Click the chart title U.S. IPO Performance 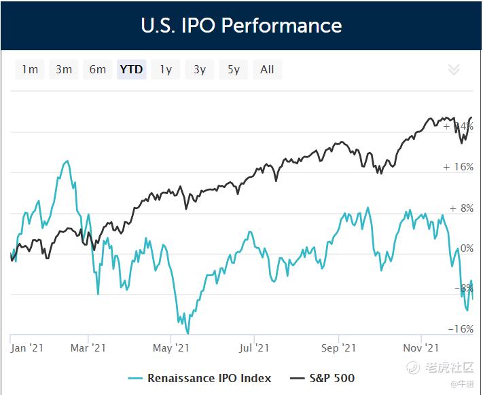coord(241,26)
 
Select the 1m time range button coord(30,69)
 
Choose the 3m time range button coord(64,69)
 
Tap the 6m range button coord(98,69)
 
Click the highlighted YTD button coord(131,69)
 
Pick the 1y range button coord(166,69)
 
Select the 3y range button coord(200,69)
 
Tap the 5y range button coord(234,69)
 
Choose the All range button coord(267,69)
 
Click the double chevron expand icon coord(454,69)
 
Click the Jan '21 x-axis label coord(28,348)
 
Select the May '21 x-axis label coord(171,348)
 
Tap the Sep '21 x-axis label coord(338,348)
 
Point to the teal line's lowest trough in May coord(187,332)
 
